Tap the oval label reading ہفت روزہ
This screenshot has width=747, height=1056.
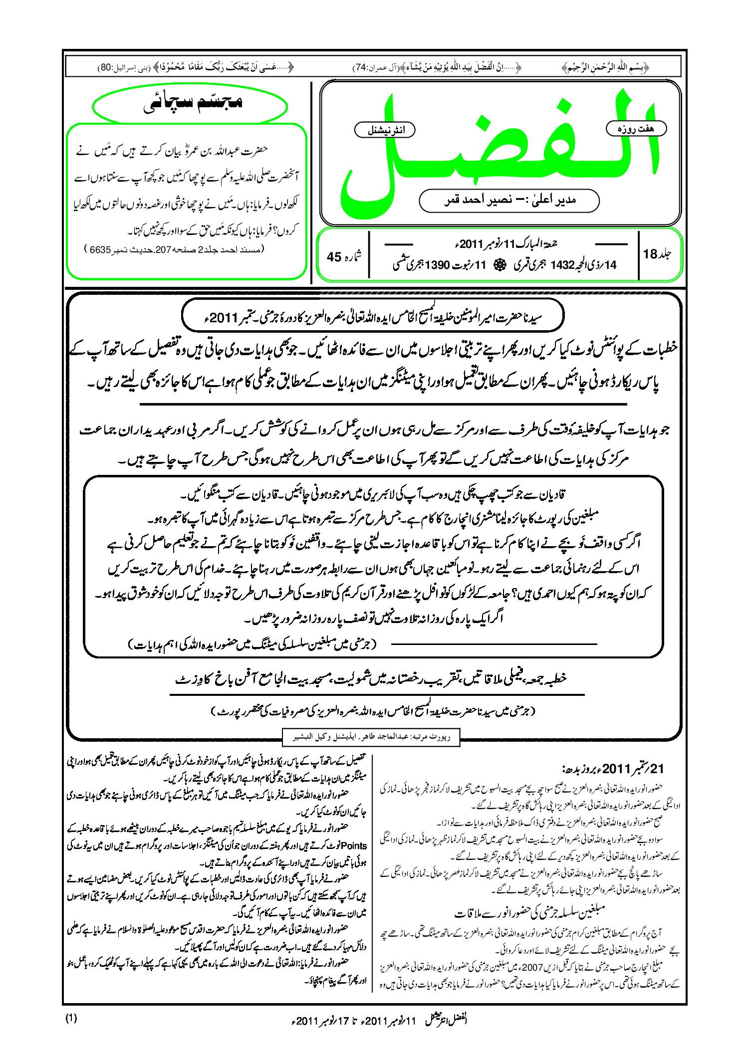[x=636, y=129]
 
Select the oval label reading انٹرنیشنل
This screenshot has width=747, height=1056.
[x=385, y=130]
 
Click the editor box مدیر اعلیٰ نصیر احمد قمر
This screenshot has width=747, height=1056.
[x=509, y=201]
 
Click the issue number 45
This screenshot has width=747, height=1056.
[x=334, y=257]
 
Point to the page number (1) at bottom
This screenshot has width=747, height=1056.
[x=71, y=1019]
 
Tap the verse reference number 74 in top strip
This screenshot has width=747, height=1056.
[x=360, y=67]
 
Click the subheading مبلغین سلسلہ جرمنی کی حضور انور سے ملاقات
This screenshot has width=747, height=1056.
[x=529, y=913]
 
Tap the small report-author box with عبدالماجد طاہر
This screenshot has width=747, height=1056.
[x=371, y=737]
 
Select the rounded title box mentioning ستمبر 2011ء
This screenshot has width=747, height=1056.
[x=373, y=316]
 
